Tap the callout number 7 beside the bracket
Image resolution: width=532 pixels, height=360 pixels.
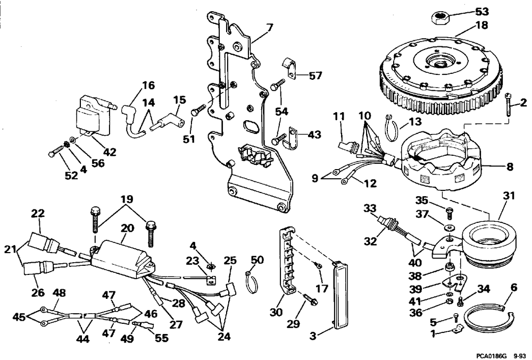point(269,28)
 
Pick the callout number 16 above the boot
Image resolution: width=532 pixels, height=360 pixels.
point(148,85)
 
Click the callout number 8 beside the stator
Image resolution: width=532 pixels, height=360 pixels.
point(509,166)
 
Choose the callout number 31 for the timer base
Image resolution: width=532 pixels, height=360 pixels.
point(509,196)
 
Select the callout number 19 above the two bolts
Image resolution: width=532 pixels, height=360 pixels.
point(127,199)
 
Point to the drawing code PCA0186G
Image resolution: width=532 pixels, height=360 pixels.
point(491,356)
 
